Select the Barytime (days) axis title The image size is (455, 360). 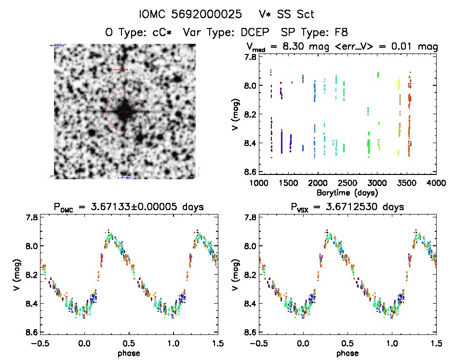point(347,192)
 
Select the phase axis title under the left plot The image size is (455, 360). point(129,353)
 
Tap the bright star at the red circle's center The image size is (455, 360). point(124,111)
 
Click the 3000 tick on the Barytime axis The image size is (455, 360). point(377,183)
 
